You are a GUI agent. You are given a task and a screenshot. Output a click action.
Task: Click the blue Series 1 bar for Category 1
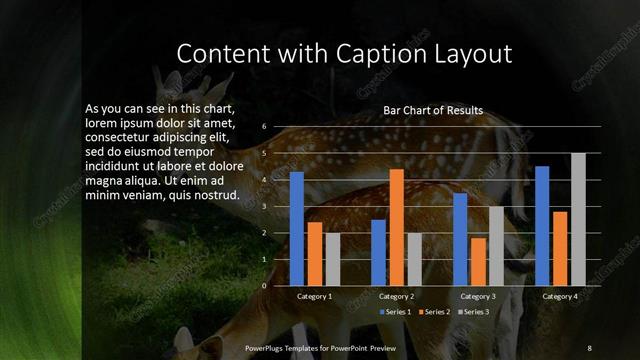296,229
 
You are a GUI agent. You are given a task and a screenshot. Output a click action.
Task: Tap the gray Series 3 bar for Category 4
578,219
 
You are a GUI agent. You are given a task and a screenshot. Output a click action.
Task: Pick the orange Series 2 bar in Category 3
478,261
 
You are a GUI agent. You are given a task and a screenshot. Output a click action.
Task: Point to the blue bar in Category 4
542,226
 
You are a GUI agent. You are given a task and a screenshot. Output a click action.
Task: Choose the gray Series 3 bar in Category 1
333,259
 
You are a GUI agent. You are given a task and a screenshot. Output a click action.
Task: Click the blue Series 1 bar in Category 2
378,252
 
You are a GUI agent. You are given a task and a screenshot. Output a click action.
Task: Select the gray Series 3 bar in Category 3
496,246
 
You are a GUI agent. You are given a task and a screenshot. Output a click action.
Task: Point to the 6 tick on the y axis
264,127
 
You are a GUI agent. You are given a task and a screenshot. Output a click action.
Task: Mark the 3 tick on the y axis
264,206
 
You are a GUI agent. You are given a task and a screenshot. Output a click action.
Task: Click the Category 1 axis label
315,297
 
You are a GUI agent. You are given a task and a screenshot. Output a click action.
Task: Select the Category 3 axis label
478,297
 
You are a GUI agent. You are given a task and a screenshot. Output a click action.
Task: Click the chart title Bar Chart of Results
433,110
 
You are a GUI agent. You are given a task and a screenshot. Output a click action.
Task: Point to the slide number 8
588,347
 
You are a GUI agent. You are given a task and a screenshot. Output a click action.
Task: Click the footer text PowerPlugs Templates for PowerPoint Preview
321,347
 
